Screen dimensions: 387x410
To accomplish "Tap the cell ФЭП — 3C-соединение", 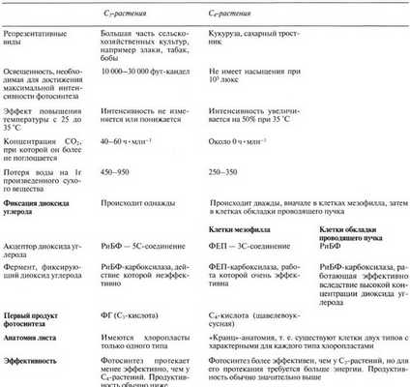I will (250, 248).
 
